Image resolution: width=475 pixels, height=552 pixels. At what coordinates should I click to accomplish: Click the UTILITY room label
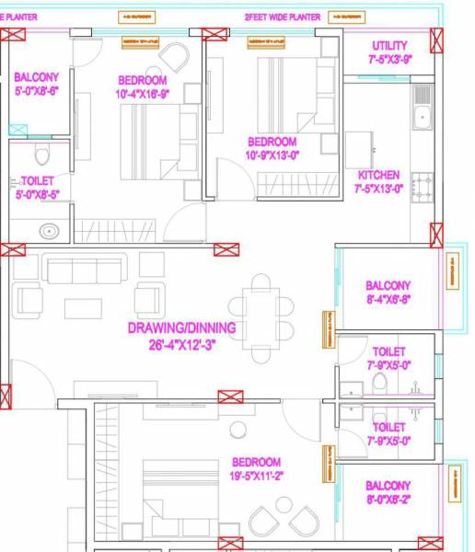pyautogui.click(x=389, y=46)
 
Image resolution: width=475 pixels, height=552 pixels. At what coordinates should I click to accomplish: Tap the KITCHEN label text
pyautogui.click(x=378, y=175)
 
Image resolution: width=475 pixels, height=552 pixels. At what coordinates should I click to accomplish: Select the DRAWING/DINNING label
pyautogui.click(x=181, y=328)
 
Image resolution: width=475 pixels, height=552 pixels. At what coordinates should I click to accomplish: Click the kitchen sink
pyautogui.click(x=423, y=115)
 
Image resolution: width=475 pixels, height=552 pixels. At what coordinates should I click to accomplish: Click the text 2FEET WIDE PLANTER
pyautogui.click(x=282, y=17)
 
